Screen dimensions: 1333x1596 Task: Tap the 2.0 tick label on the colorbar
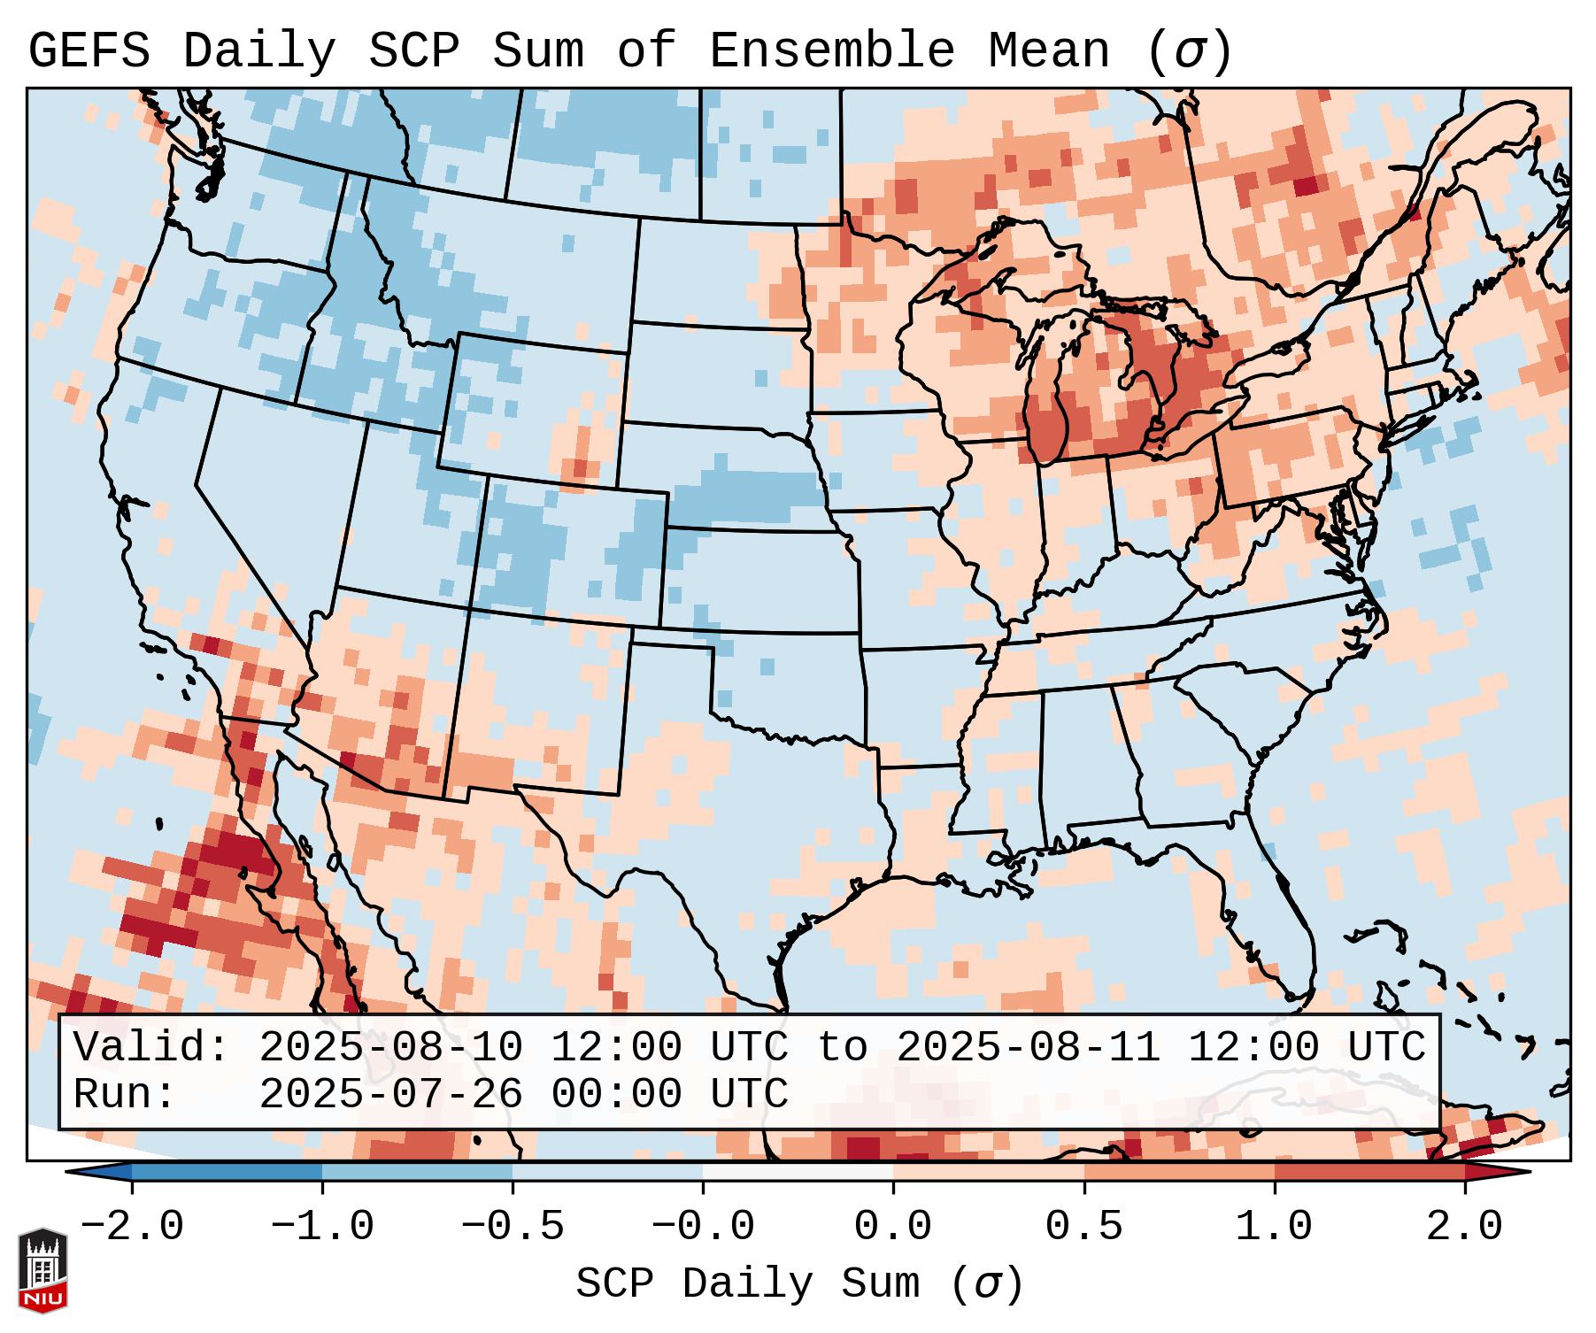(1464, 1227)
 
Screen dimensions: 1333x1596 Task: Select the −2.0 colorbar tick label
(132, 1227)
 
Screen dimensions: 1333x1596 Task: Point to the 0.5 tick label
(1083, 1227)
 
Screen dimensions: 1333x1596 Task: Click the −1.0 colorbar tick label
(322, 1227)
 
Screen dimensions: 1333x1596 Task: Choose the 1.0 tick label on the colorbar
(1274, 1227)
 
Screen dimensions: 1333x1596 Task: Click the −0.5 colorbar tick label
(513, 1227)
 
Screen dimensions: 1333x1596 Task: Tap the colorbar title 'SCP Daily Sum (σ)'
(799, 1283)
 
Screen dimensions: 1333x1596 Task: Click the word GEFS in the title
(89, 51)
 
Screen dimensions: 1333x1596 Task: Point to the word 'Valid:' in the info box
(151, 1047)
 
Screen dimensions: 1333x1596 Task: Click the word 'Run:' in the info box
(125, 1094)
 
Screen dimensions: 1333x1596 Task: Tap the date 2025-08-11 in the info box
(1028, 1047)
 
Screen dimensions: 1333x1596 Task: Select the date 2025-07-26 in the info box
(390, 1094)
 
